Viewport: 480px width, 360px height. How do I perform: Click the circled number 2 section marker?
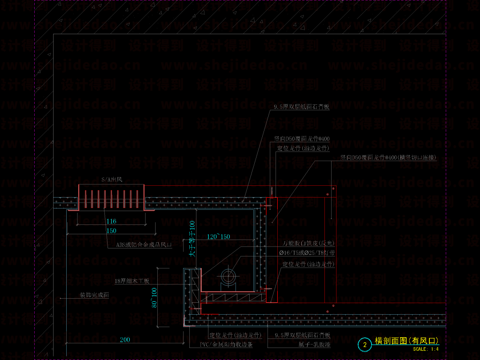365,344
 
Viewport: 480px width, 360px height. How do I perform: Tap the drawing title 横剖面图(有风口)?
407,341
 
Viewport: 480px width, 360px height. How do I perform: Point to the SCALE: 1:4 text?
426,349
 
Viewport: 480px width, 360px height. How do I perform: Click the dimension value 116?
111,221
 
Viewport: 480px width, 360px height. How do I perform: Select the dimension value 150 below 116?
111,231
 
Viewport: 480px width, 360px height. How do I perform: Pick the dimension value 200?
125,340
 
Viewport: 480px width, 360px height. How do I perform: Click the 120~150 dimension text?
218,237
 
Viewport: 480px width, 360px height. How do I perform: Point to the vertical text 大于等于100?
192,239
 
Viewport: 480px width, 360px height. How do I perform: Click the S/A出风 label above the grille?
111,180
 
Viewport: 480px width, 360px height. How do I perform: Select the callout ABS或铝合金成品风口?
144,245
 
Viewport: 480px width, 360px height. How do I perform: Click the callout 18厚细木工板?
132,281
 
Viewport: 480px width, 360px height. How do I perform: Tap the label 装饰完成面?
94,295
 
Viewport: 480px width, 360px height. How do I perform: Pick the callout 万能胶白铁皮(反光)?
308,244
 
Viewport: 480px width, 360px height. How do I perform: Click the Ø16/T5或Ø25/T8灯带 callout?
307,253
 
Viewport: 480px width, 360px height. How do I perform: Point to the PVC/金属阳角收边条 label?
226,344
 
